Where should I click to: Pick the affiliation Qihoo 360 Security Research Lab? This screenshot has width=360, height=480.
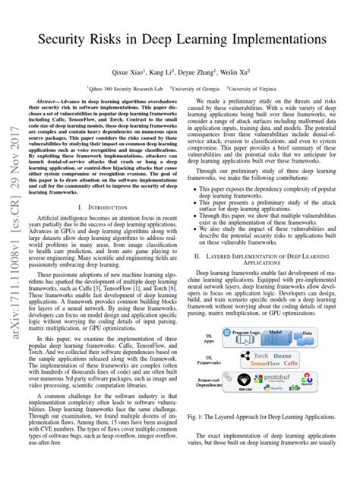tap(131, 87)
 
